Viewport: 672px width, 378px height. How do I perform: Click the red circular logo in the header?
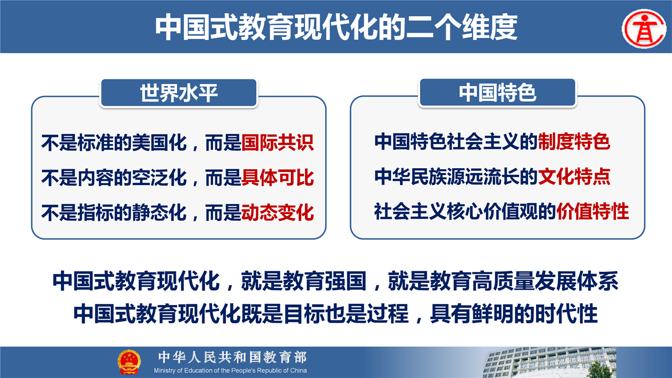pos(644,29)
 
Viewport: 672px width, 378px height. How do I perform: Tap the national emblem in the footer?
pos(129,362)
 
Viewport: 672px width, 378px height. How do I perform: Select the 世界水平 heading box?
pos(179,93)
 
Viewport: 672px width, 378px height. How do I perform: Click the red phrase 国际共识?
pos(278,142)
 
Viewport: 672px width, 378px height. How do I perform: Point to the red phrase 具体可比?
pos(278,178)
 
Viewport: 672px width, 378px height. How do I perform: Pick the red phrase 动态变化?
pos(278,212)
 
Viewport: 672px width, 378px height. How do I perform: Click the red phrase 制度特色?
pos(574,141)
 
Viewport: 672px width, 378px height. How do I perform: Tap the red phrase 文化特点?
pos(574,176)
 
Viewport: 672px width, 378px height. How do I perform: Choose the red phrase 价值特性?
pos(593,211)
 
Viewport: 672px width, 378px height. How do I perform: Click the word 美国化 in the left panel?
pos(159,142)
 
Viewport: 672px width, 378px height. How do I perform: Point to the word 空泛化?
pos(159,178)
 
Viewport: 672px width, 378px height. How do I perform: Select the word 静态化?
pos(159,212)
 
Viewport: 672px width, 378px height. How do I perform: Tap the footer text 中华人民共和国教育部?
pos(233,357)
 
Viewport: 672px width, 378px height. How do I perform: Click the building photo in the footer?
pos(549,362)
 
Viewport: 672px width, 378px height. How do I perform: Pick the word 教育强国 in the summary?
pos(324,281)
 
